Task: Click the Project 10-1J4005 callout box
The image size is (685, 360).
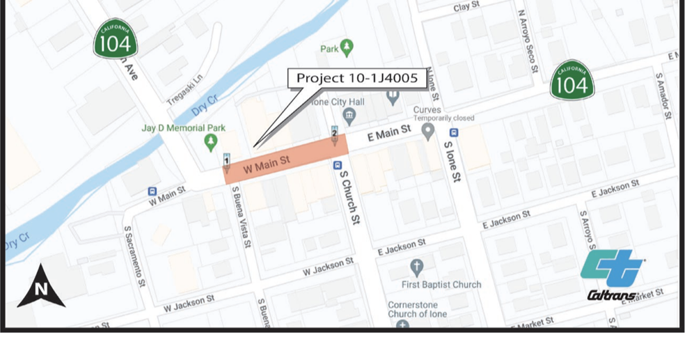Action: coord(356,78)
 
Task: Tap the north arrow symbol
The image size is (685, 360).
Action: coord(41,286)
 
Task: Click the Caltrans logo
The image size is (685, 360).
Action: coord(613,275)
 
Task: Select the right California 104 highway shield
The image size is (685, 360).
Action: coord(572,81)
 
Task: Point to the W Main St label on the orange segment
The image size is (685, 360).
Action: coord(267,166)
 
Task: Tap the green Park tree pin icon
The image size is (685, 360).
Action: coord(347,48)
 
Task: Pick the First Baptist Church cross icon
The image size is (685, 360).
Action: coord(416,267)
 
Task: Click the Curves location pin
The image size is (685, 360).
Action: coord(428,130)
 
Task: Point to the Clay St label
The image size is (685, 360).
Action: coord(466,6)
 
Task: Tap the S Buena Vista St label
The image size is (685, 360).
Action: coord(241,217)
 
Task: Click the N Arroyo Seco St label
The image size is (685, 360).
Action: coord(527,41)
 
